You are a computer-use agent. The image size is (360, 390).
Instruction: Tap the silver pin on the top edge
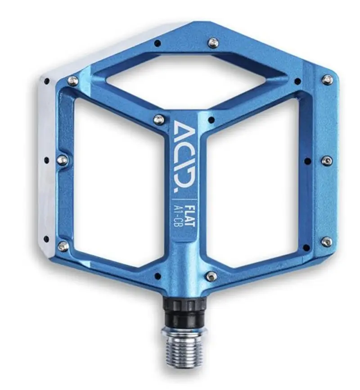click(x=213, y=43)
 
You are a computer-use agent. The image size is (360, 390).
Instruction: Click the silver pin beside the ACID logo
click(x=158, y=120)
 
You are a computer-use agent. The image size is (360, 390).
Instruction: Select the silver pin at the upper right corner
click(x=327, y=80)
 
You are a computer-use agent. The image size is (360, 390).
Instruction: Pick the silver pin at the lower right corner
click(x=326, y=242)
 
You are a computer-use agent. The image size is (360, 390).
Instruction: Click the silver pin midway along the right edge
click(x=327, y=161)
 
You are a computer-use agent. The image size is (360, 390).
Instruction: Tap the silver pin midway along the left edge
click(x=62, y=160)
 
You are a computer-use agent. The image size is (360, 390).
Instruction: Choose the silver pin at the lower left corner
click(x=63, y=246)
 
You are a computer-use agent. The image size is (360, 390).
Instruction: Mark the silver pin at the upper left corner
click(x=72, y=81)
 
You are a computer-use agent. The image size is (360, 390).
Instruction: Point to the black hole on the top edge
click(x=157, y=43)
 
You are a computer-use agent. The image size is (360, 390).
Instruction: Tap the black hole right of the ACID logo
click(x=211, y=120)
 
